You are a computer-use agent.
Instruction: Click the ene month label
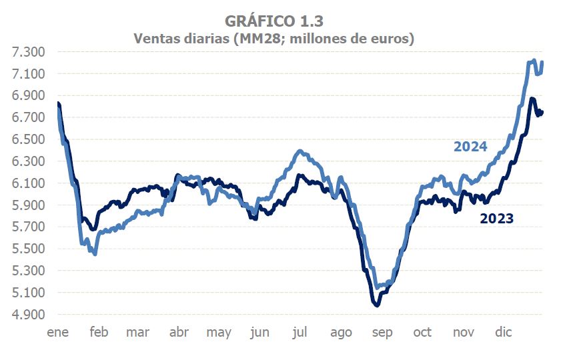click(58, 332)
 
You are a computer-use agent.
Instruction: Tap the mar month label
click(137, 332)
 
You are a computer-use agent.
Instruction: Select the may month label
click(219, 332)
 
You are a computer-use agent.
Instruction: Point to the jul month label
click(300, 332)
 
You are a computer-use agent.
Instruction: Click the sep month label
click(382, 332)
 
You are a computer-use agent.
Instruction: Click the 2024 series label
click(470, 147)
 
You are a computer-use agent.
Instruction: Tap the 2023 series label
click(497, 218)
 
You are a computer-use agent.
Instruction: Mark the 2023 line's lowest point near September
click(377, 305)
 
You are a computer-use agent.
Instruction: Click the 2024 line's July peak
click(301, 151)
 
